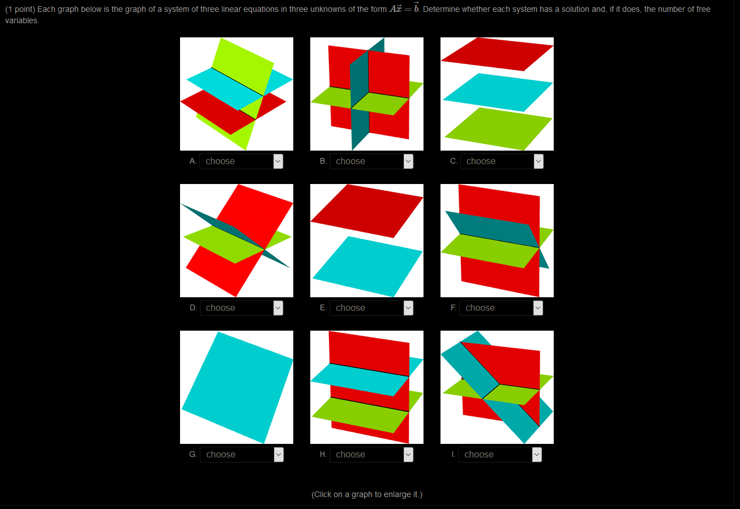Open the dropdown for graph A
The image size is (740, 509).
coord(241,161)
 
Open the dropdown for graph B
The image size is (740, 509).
coord(371,161)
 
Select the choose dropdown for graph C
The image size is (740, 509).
coord(502,161)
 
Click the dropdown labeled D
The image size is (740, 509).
coord(241,308)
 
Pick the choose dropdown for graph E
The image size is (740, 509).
coord(371,308)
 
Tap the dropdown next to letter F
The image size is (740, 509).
coord(501,308)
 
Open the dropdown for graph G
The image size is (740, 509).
coord(241,455)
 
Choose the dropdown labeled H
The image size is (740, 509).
coord(371,455)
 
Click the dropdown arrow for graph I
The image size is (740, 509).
coord(537,455)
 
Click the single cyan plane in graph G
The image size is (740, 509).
coord(237,388)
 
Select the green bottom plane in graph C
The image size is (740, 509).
coord(498,129)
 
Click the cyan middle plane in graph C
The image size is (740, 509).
coord(497,92)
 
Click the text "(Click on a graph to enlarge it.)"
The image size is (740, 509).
coord(367,494)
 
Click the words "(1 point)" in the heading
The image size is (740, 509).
coord(20,10)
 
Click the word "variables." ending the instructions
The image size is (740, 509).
coord(22,20)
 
